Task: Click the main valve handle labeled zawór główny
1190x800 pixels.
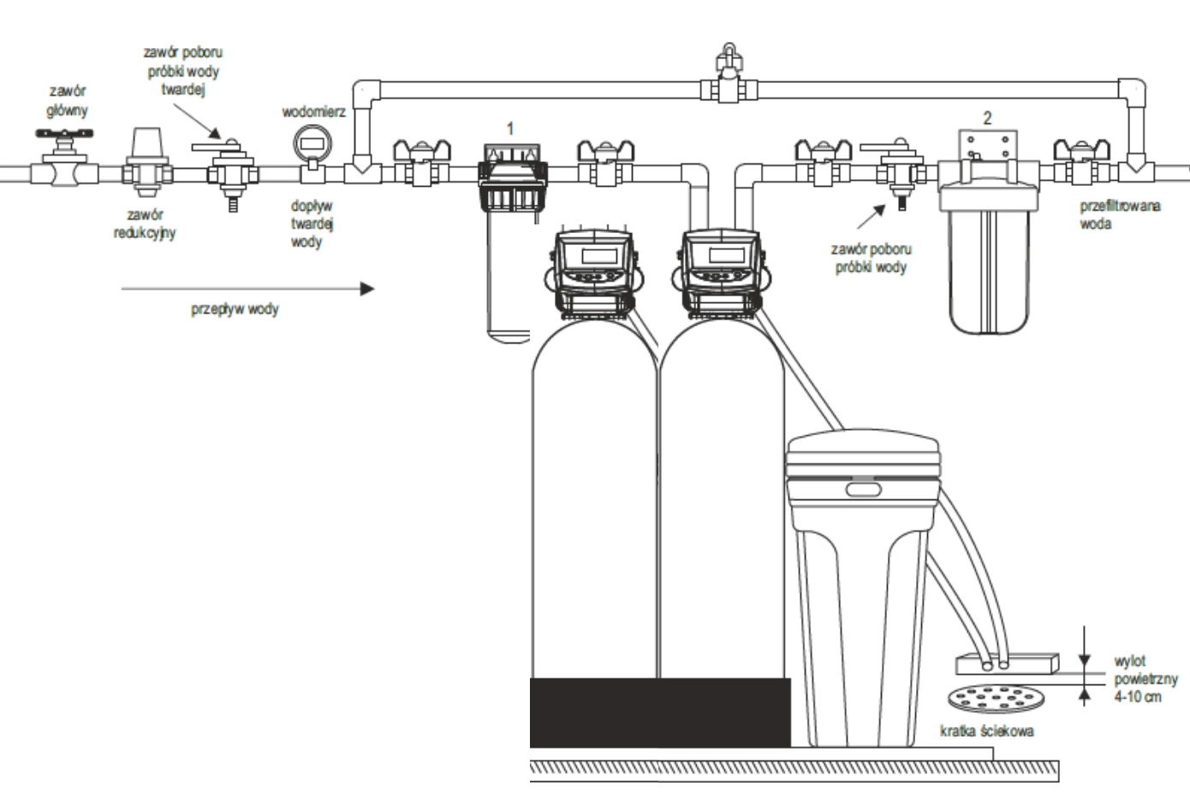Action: (64, 135)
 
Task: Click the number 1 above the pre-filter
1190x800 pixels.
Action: (511, 128)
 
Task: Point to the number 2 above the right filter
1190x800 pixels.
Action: (987, 118)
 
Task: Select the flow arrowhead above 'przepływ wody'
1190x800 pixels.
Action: (368, 289)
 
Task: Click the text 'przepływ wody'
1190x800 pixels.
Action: (234, 309)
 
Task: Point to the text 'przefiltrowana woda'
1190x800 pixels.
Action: (1119, 215)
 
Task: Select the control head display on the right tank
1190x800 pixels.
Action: (724, 255)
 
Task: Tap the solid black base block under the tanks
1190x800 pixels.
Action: (660, 711)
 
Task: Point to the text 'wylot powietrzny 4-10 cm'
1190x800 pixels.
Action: (1145, 679)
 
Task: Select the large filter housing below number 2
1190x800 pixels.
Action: (988, 257)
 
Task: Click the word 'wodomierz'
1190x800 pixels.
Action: (313, 112)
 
